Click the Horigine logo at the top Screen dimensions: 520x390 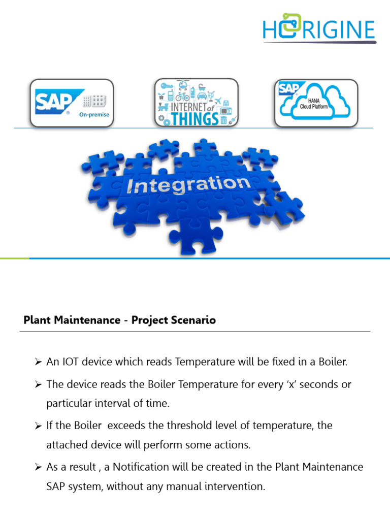[319, 30]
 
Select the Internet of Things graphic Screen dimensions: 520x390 [196, 103]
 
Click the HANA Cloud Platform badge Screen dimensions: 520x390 [316, 103]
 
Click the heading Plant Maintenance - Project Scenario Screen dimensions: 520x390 [120, 320]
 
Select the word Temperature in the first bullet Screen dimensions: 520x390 [203, 362]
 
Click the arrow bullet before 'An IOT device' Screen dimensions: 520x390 [38, 363]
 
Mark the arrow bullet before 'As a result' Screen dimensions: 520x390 [38, 467]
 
